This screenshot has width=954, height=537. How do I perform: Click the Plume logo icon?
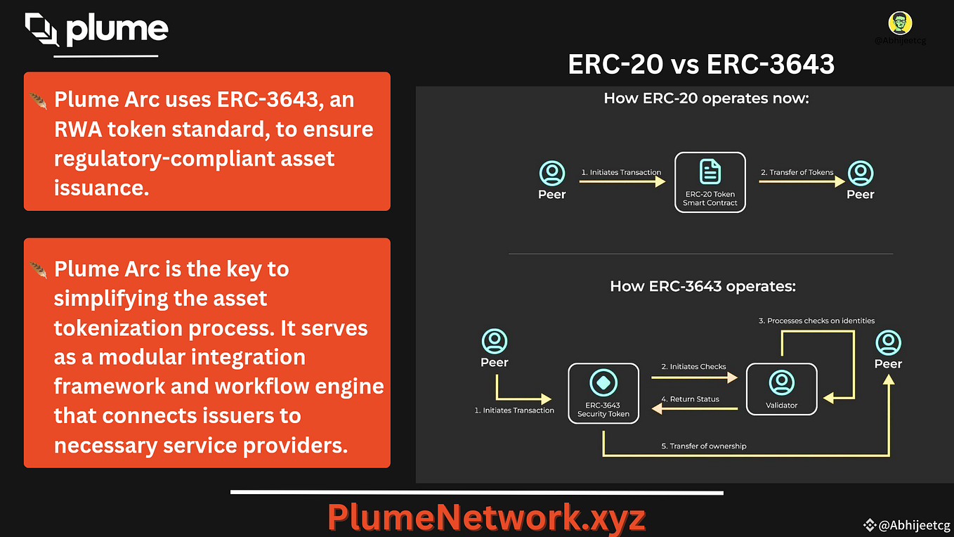pyautogui.click(x=41, y=29)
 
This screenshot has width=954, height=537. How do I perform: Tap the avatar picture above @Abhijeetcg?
pyautogui.click(x=900, y=23)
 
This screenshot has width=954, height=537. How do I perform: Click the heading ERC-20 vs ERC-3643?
pyautogui.click(x=701, y=65)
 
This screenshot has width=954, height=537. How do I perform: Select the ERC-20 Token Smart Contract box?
pyautogui.click(x=710, y=182)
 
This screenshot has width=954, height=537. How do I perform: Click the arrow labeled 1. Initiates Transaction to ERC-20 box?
pyautogui.click(x=622, y=182)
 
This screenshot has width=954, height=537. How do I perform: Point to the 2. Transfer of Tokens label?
pyautogui.click(x=797, y=172)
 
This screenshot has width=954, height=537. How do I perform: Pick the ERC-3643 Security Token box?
pyautogui.click(x=603, y=394)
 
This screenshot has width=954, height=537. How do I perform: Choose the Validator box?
pyautogui.click(x=781, y=389)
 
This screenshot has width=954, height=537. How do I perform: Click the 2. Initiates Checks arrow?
pyautogui.click(x=694, y=377)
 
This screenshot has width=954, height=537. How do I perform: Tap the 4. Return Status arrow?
pyautogui.click(x=694, y=408)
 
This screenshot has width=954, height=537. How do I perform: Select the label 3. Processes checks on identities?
pyautogui.click(x=816, y=321)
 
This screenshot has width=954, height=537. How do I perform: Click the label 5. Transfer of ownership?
pyautogui.click(x=704, y=446)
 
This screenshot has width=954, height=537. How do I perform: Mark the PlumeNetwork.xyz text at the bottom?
pyautogui.click(x=486, y=517)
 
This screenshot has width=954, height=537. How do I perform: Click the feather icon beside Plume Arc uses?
pyautogui.click(x=38, y=101)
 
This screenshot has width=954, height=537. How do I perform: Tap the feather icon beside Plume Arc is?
pyautogui.click(x=38, y=270)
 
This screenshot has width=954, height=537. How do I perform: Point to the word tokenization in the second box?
pyautogui.click(x=118, y=328)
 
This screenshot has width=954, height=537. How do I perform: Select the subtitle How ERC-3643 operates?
pyautogui.click(x=703, y=286)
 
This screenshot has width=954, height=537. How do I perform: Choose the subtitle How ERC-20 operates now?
pyautogui.click(x=706, y=98)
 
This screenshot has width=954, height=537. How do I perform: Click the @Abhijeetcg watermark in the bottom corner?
pyautogui.click(x=907, y=525)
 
